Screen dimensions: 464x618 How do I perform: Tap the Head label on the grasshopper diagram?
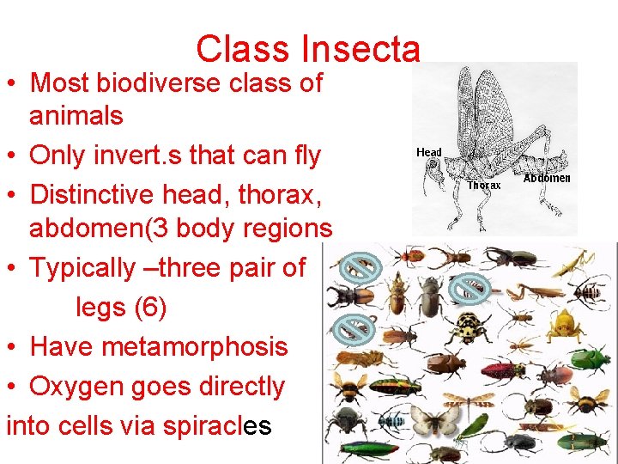[x=429, y=153]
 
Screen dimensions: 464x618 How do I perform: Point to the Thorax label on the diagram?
[x=483, y=185]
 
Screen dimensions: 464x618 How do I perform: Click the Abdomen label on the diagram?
[x=547, y=179]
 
